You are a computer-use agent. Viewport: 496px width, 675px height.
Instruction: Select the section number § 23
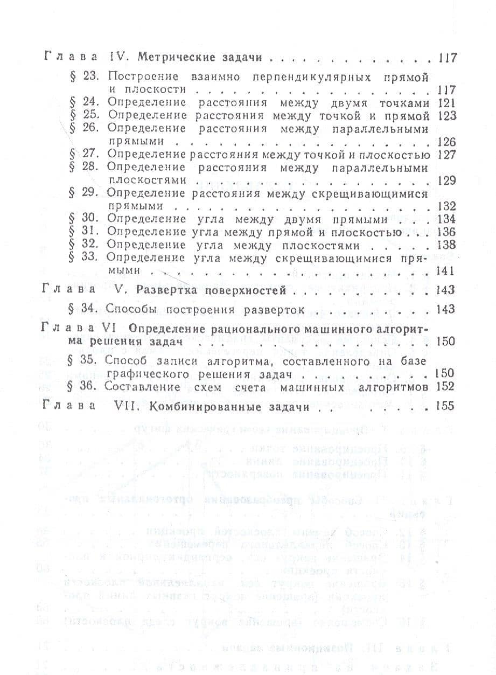[x=83, y=76]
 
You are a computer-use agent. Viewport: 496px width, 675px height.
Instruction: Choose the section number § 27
[x=83, y=155]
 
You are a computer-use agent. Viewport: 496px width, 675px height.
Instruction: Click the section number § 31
[x=83, y=232]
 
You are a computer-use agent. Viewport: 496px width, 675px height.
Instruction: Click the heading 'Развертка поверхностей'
[x=211, y=291]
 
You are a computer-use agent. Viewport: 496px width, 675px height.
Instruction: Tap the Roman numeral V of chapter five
[x=120, y=291]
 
